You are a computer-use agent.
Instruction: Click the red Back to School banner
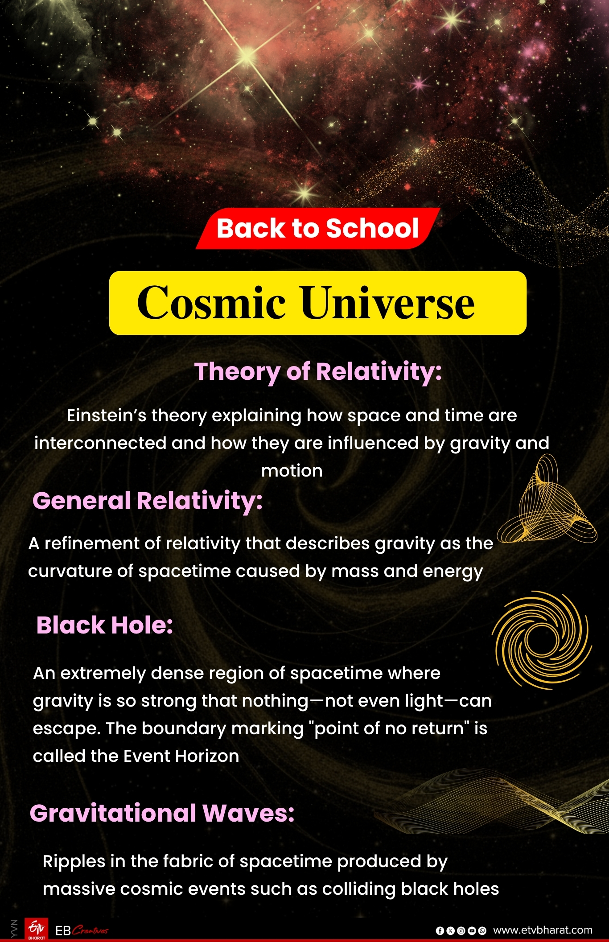point(317,228)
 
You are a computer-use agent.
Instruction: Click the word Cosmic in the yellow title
point(211,303)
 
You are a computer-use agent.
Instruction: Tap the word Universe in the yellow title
point(387,303)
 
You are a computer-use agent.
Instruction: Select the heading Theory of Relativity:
point(318,372)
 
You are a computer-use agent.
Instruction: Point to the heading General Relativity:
point(148,501)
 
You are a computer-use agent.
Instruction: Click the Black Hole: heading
point(105,625)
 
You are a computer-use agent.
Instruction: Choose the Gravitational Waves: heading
point(162,813)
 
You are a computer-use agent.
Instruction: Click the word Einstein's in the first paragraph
point(107,415)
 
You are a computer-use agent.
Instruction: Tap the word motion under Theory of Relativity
point(292,471)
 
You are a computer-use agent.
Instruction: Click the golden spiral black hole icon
point(542,640)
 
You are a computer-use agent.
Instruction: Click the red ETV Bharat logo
point(36,930)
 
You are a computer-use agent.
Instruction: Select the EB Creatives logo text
point(82,930)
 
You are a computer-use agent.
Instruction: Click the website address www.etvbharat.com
point(543,930)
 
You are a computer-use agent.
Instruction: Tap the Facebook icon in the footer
point(440,931)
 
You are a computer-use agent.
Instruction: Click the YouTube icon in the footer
point(472,931)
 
